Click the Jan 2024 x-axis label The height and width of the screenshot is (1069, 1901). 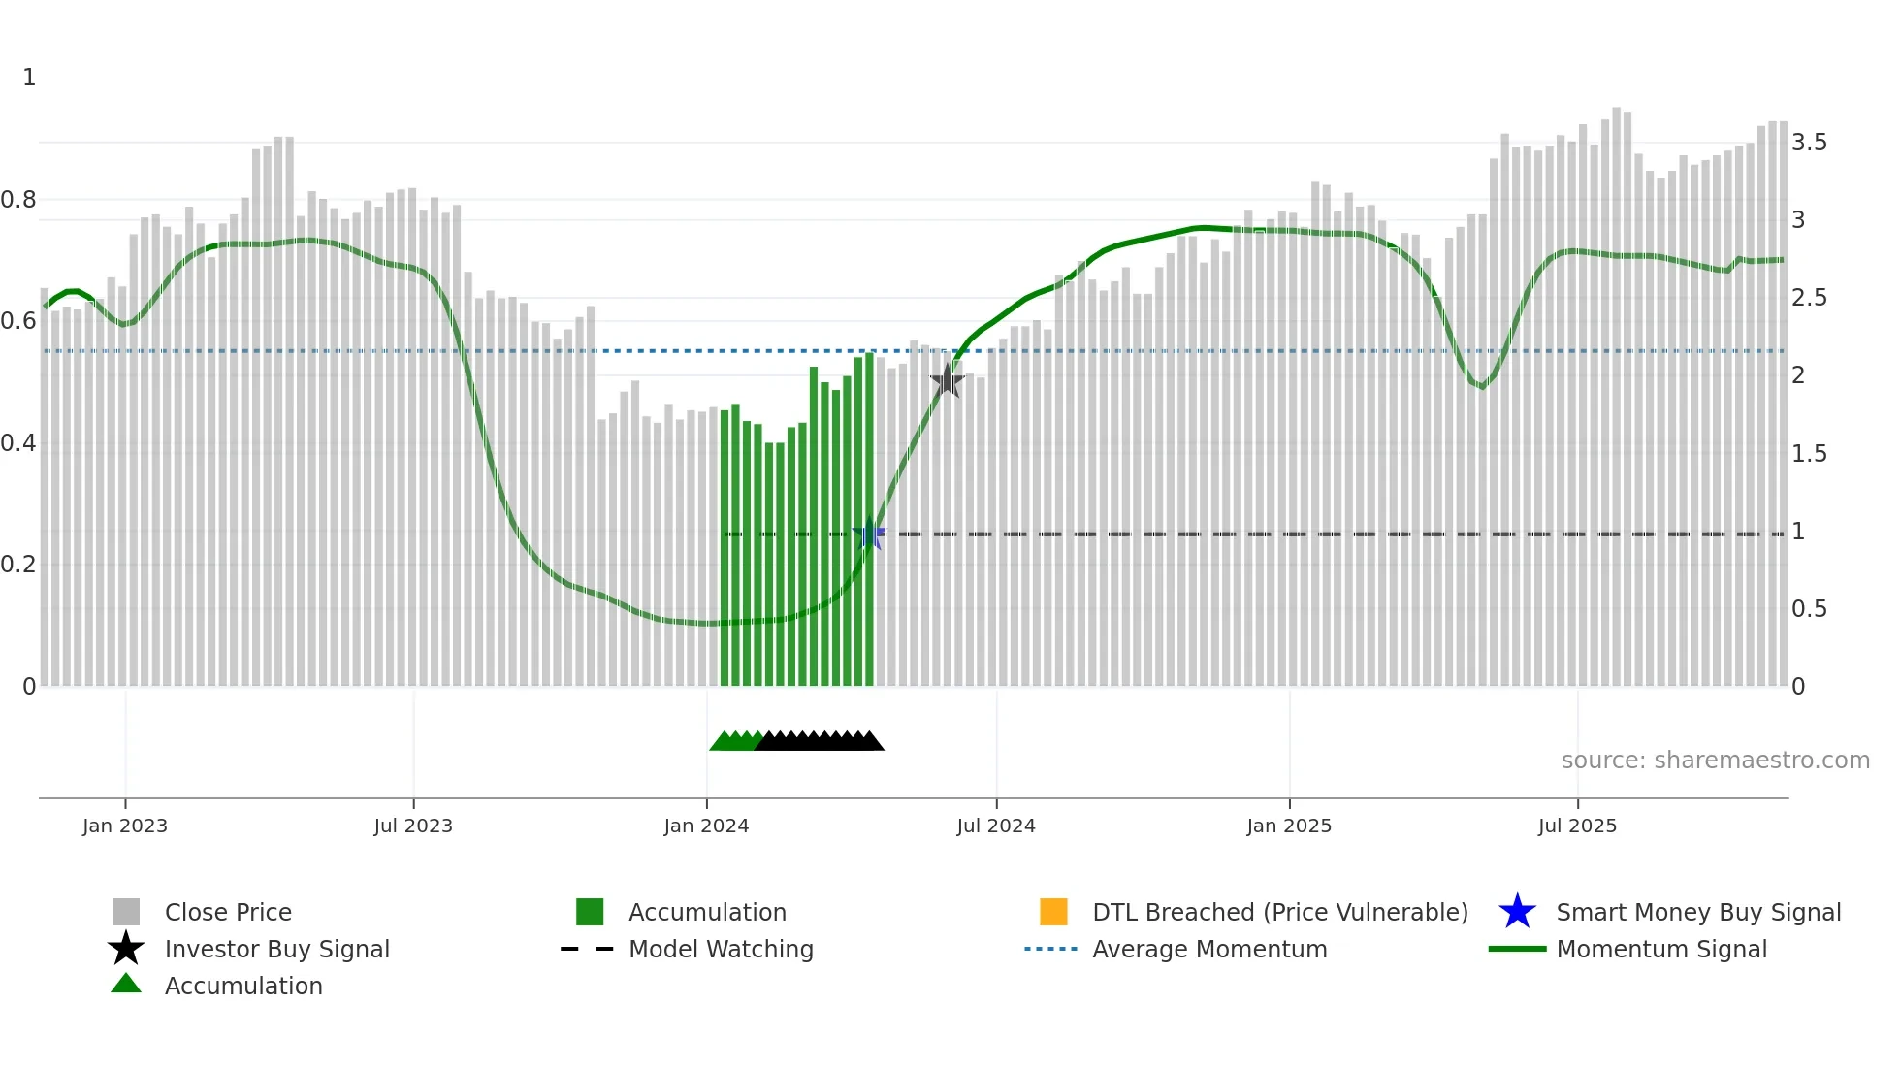click(706, 826)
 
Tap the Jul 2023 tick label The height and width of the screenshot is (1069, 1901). click(413, 826)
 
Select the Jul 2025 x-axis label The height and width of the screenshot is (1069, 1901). click(1577, 826)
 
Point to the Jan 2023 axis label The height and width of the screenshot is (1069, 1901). click(125, 826)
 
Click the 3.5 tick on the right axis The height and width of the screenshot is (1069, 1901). click(1809, 143)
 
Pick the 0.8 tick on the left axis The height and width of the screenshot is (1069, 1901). click(19, 200)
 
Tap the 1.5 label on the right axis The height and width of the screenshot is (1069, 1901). click(1809, 454)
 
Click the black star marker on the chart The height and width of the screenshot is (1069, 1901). click(948, 381)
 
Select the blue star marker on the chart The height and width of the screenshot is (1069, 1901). click(869, 534)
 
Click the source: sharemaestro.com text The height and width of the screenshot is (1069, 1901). click(1715, 761)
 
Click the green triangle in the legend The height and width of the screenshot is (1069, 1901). click(126, 984)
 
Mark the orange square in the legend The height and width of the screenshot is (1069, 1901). click(1053, 912)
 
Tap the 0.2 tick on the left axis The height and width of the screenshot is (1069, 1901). click(19, 565)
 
